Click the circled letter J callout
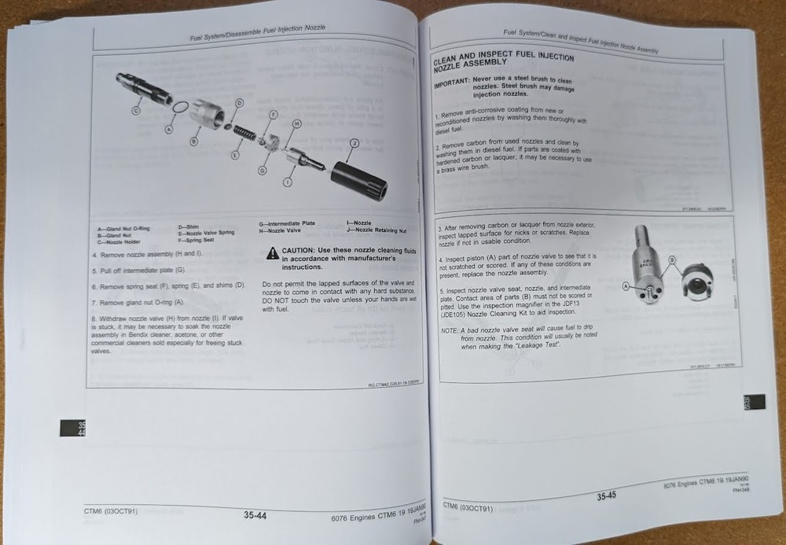354,142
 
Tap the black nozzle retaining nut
358,179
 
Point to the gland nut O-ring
180,108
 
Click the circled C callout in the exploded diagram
135,112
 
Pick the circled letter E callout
235,156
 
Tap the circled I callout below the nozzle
288,182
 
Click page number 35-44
255,516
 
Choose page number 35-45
606,496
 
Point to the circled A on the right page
626,288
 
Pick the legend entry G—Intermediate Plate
287,223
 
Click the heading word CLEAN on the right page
451,61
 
